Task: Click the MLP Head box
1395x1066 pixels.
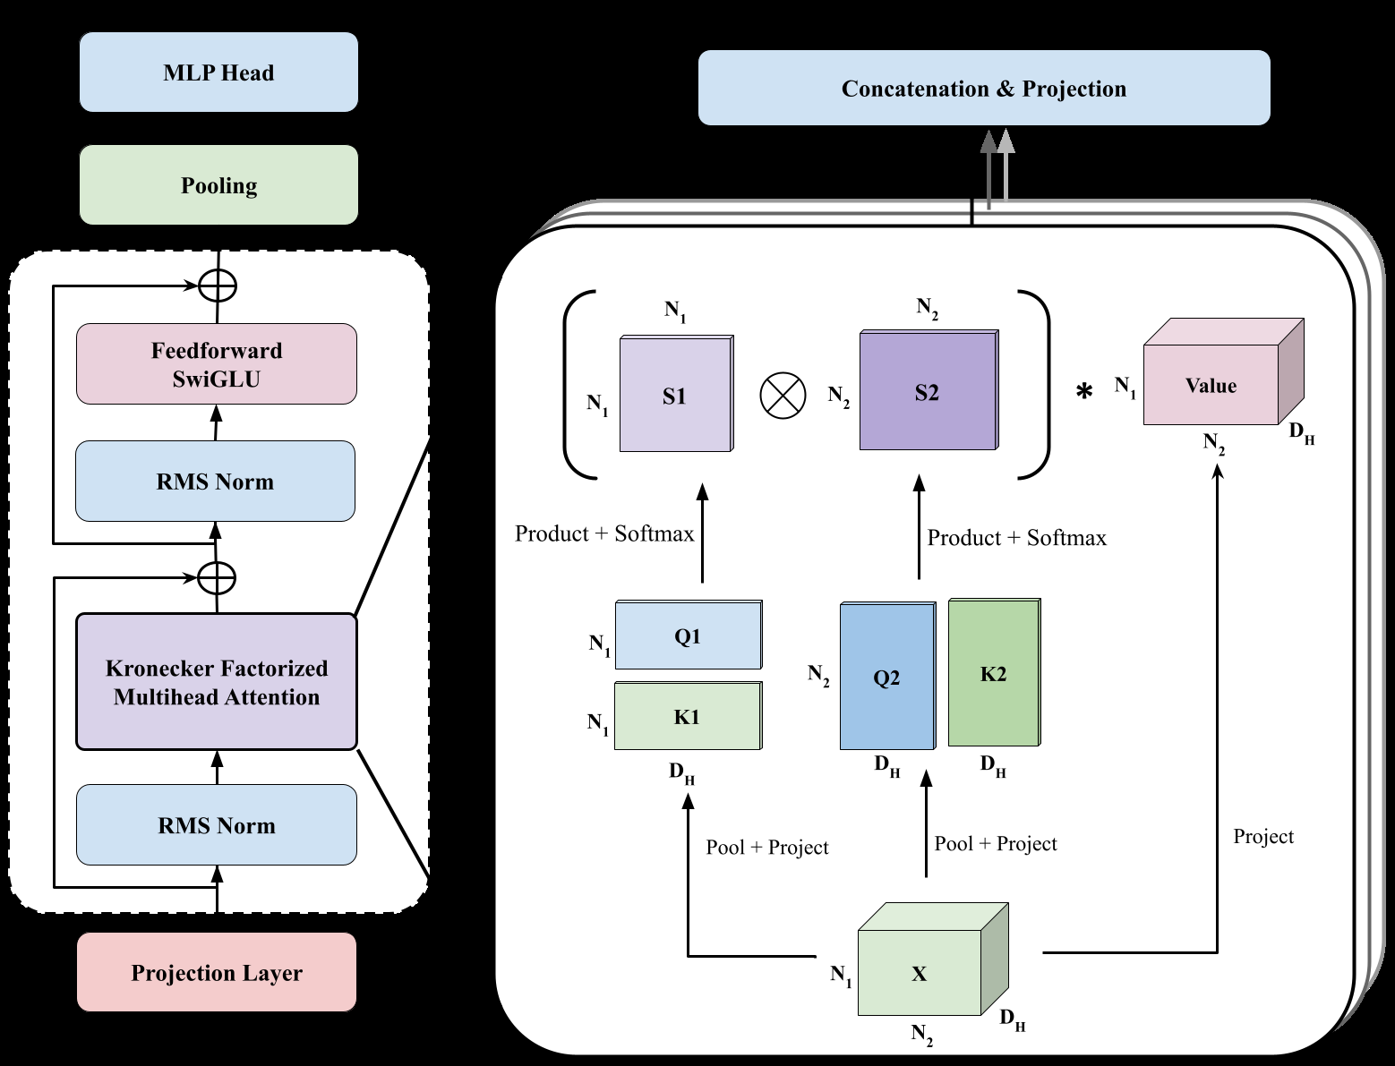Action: [218, 72]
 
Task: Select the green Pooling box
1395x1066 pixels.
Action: [218, 185]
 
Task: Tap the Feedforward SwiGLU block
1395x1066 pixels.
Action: [217, 364]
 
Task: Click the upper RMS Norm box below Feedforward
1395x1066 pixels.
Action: [216, 482]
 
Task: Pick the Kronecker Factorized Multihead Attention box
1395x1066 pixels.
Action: [217, 682]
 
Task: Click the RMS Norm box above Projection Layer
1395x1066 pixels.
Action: [217, 825]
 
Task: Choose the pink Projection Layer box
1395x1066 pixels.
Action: [217, 973]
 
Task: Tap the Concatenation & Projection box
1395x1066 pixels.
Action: [984, 89]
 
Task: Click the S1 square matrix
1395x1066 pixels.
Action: [675, 395]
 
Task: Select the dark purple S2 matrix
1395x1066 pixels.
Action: [928, 391]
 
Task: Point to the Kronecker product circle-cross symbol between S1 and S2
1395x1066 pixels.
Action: [783, 395]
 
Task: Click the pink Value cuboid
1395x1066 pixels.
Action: [1211, 385]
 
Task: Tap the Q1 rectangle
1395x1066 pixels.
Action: [688, 636]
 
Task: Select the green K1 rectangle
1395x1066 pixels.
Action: [687, 717]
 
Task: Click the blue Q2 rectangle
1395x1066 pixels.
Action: [886, 678]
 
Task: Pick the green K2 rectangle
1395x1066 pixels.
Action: [993, 674]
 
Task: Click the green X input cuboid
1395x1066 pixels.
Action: [920, 974]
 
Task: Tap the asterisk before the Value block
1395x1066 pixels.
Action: [1084, 392]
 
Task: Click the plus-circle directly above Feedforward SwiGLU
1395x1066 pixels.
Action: [217, 286]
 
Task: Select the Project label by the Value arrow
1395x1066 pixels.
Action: [1262, 837]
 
